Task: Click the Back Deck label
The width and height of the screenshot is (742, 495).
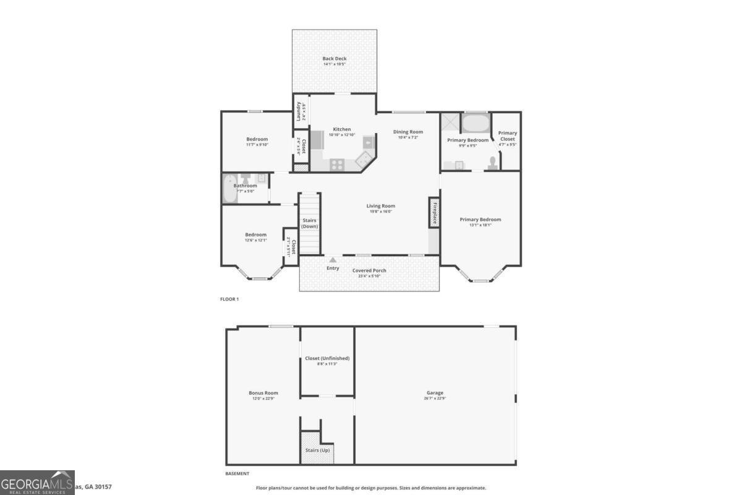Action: (x=335, y=59)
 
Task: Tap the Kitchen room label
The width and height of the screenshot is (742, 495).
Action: (x=342, y=129)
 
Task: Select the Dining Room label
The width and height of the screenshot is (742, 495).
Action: (x=408, y=132)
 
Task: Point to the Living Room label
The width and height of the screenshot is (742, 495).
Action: (x=380, y=206)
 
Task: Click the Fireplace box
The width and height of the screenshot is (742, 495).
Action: (x=434, y=213)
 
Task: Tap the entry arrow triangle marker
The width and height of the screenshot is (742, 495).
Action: (x=333, y=260)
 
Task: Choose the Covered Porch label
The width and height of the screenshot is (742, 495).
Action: (x=369, y=270)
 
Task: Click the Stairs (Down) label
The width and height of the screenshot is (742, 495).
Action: (x=310, y=223)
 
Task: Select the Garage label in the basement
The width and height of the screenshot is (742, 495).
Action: (x=435, y=393)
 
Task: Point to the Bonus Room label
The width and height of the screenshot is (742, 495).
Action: (x=263, y=393)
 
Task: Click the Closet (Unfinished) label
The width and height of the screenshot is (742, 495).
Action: (x=327, y=358)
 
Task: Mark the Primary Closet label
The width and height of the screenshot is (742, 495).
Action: (x=508, y=136)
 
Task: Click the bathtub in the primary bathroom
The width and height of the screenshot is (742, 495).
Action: (x=475, y=123)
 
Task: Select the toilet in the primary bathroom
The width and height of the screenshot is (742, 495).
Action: (x=493, y=163)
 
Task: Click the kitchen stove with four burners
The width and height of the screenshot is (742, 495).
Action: (x=338, y=165)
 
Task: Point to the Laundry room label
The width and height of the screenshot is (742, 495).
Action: (x=299, y=111)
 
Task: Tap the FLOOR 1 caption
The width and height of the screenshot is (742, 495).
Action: (x=229, y=299)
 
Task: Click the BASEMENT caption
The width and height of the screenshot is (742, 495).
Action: (x=237, y=474)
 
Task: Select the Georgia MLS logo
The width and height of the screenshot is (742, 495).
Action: (x=37, y=483)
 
